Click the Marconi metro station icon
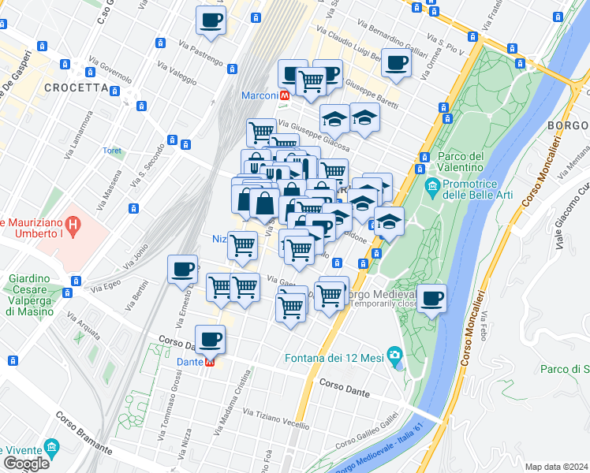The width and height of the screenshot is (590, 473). (284, 95)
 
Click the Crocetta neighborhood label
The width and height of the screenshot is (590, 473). (76, 88)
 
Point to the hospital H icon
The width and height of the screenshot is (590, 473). (73, 226)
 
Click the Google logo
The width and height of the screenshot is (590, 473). (26, 464)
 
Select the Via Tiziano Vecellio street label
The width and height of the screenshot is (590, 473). (276, 419)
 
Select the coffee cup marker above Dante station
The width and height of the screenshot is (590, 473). (210, 340)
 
